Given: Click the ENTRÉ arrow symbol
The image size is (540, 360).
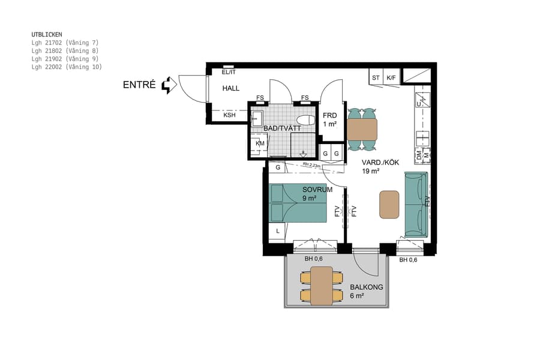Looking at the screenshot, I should [170, 85].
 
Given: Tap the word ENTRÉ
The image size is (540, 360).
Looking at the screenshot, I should [139, 85].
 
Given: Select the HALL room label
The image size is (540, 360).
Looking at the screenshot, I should [231, 88].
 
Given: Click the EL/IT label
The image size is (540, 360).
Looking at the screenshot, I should [229, 72].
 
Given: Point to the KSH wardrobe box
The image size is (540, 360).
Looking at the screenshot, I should [229, 115].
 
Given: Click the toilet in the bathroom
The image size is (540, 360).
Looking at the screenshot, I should [306, 119].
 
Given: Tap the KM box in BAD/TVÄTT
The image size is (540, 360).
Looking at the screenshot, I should [260, 143].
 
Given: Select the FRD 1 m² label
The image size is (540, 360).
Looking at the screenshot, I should [329, 119].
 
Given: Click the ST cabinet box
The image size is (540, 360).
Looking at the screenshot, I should [376, 77].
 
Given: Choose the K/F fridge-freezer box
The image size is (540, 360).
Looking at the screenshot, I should [391, 77].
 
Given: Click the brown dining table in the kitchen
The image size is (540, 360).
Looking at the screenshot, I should [362, 128].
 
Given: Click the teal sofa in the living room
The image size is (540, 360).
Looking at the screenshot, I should [416, 204].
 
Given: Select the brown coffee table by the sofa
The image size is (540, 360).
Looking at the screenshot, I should [389, 204].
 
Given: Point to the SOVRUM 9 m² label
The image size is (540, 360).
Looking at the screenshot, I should [317, 193].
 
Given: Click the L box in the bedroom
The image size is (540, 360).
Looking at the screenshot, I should [278, 230].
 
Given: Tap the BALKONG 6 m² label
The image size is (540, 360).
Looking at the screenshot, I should [366, 291].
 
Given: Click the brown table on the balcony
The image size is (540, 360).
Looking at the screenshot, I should [321, 286].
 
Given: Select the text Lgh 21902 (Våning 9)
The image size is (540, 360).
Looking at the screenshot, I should [65, 59].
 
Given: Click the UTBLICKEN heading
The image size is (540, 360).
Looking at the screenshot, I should [47, 35].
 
